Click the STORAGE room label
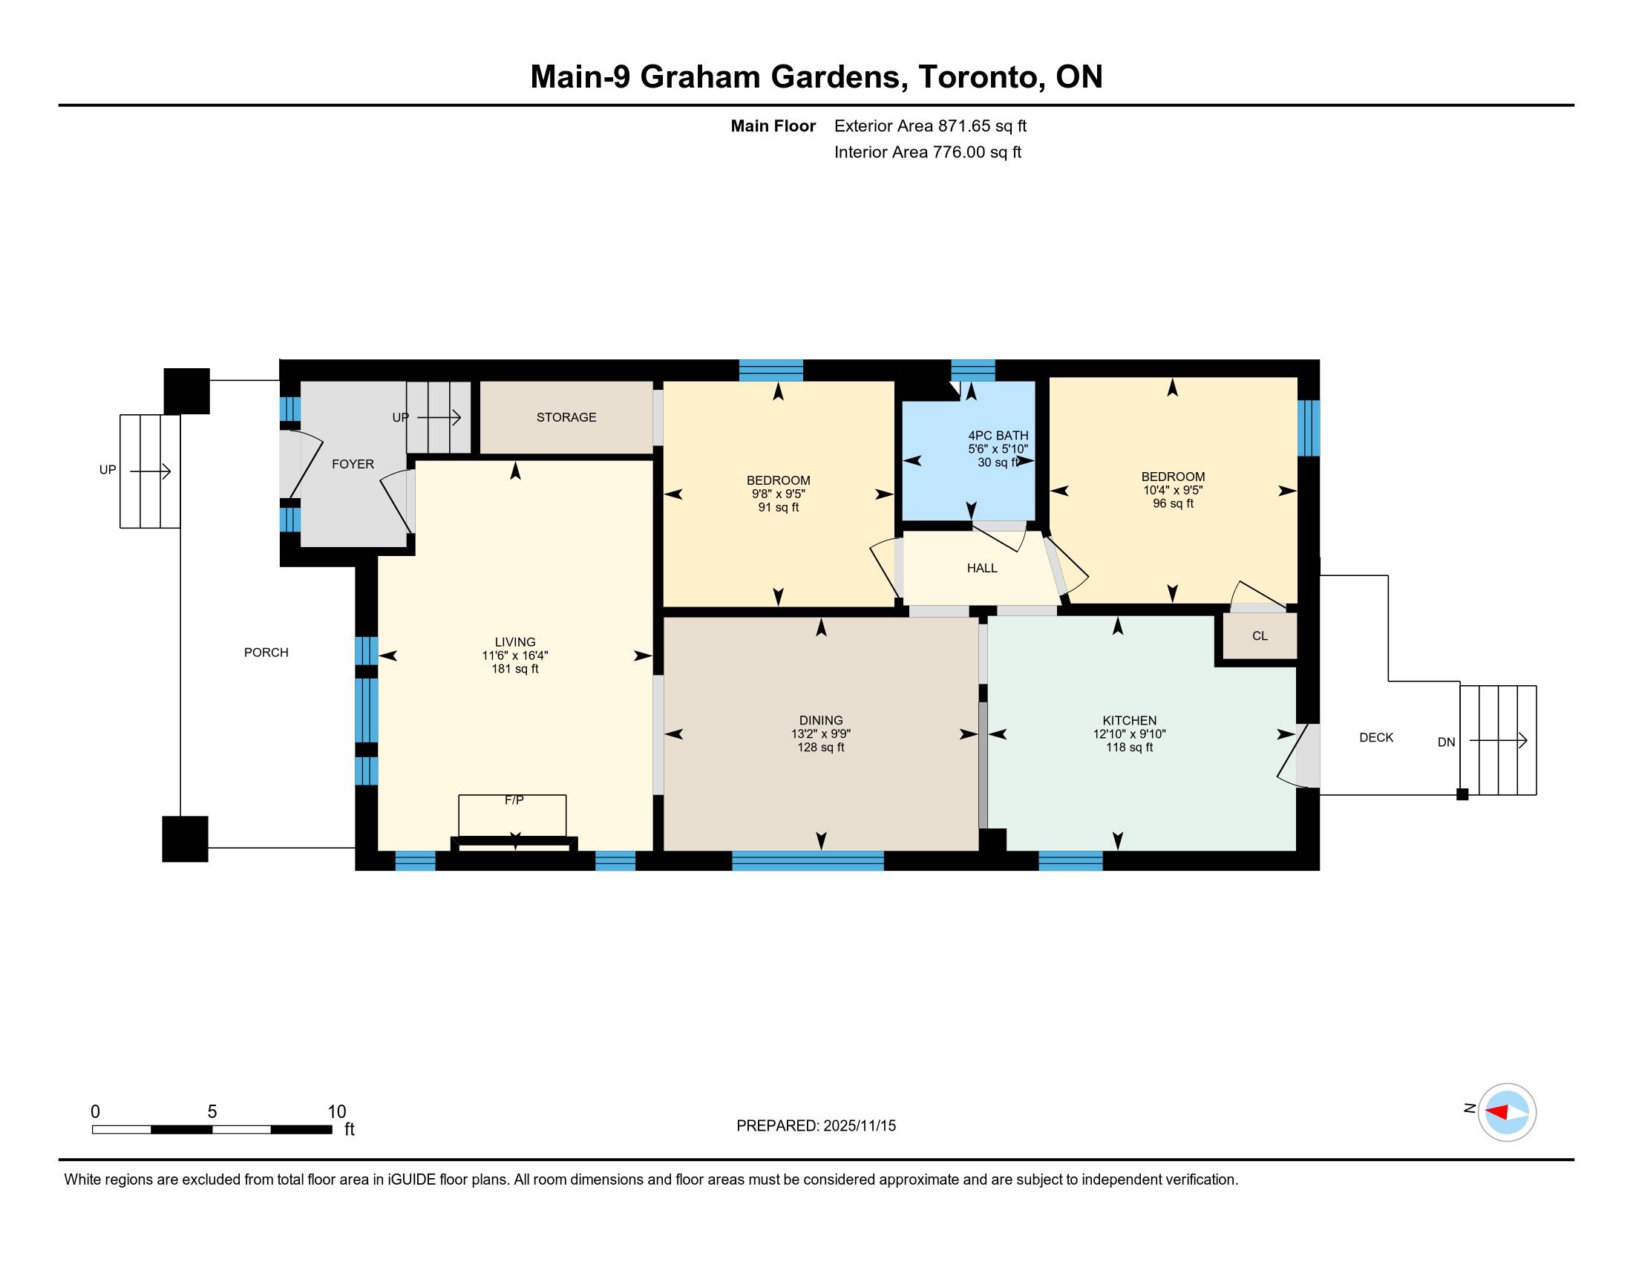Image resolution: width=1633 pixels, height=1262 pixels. [566, 417]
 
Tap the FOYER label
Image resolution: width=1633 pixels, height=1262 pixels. [353, 464]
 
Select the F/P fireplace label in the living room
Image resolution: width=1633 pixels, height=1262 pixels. [514, 800]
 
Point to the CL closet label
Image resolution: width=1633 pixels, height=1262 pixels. [1260, 635]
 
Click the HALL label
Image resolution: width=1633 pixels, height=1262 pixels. [982, 568]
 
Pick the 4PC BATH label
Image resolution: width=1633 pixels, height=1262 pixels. [998, 435]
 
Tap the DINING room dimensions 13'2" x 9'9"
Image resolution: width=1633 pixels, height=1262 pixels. [821, 734]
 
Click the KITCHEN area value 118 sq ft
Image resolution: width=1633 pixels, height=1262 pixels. [1129, 747]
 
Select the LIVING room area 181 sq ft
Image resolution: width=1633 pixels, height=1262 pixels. [515, 668]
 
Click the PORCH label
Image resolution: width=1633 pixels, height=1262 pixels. [266, 653]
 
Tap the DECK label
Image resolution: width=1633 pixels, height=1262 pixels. [1375, 737]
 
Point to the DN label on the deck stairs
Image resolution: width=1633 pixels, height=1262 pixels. [1446, 742]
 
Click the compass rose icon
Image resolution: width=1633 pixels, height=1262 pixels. [1507, 1112]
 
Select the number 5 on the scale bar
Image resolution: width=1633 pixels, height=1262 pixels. [212, 1112]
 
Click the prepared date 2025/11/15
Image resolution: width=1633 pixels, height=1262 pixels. [859, 1126]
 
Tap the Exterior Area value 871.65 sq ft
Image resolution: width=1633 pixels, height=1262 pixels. [983, 126]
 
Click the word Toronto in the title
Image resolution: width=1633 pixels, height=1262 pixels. [982, 77]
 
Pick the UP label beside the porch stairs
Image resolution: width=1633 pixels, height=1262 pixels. [108, 469]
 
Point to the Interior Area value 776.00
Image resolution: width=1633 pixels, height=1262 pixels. [959, 152]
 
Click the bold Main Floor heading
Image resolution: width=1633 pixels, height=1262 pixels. [773, 126]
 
